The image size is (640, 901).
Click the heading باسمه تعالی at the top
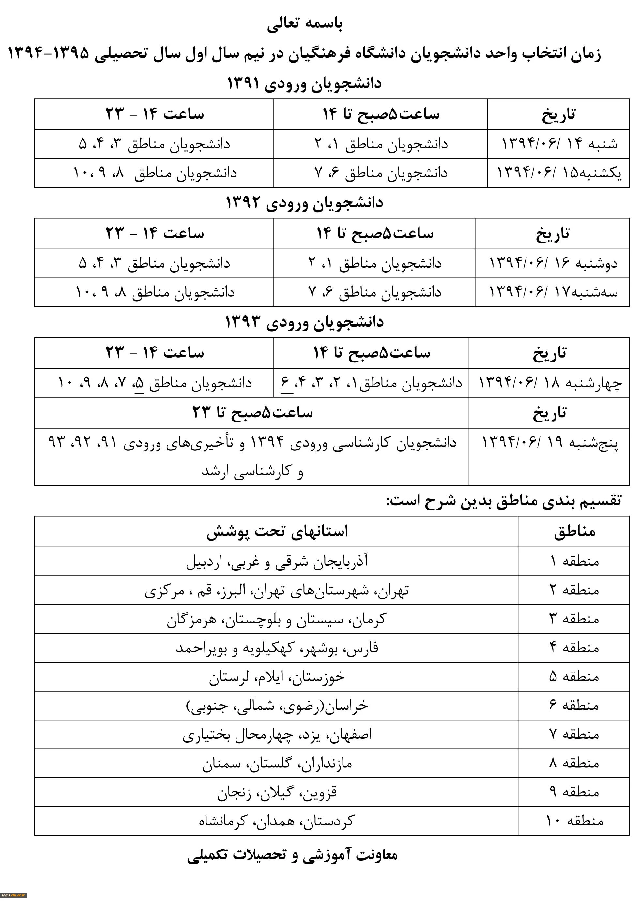[x=305, y=24]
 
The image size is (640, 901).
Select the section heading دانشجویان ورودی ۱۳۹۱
[x=304, y=83]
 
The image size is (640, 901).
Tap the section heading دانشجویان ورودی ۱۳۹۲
[x=304, y=203]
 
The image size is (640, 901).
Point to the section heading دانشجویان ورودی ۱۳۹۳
[x=304, y=322]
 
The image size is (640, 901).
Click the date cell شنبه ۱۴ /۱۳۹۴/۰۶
[x=559, y=144]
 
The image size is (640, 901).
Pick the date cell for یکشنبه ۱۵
[x=559, y=173]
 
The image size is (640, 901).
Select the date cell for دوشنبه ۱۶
[x=553, y=263]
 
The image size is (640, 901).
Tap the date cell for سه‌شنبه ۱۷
[x=553, y=292]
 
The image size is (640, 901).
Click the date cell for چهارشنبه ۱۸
[x=550, y=383]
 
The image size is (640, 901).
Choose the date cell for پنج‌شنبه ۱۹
[x=550, y=443]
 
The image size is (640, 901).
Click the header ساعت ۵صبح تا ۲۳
[x=252, y=413]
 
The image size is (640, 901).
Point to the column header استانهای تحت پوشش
[x=277, y=532]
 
